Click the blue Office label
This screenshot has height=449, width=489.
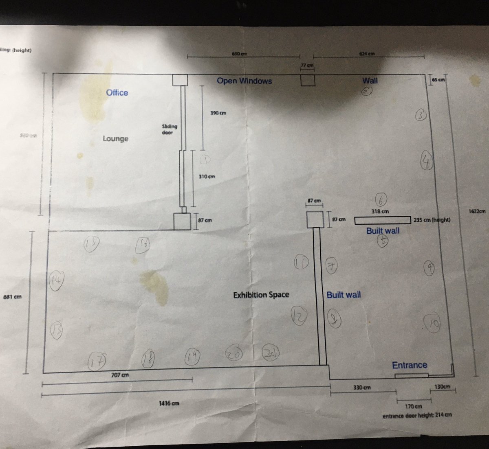(117, 93)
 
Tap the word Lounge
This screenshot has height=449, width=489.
(115, 139)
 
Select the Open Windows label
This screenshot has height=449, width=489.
(244, 81)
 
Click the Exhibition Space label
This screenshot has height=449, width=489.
(261, 295)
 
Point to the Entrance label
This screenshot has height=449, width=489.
(410, 365)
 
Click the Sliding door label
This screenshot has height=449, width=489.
(170, 129)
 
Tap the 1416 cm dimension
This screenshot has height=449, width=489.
(169, 403)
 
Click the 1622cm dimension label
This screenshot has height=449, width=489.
(478, 211)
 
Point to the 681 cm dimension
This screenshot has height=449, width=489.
(12, 297)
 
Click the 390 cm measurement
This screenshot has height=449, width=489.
(218, 113)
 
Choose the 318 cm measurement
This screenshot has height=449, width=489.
(380, 211)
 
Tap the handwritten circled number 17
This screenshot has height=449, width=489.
(97, 361)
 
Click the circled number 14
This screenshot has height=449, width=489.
(57, 280)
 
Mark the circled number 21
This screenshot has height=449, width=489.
(271, 353)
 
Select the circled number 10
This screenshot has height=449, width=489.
(432, 324)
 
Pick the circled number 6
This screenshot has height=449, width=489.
(381, 200)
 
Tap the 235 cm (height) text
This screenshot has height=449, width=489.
(432, 220)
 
